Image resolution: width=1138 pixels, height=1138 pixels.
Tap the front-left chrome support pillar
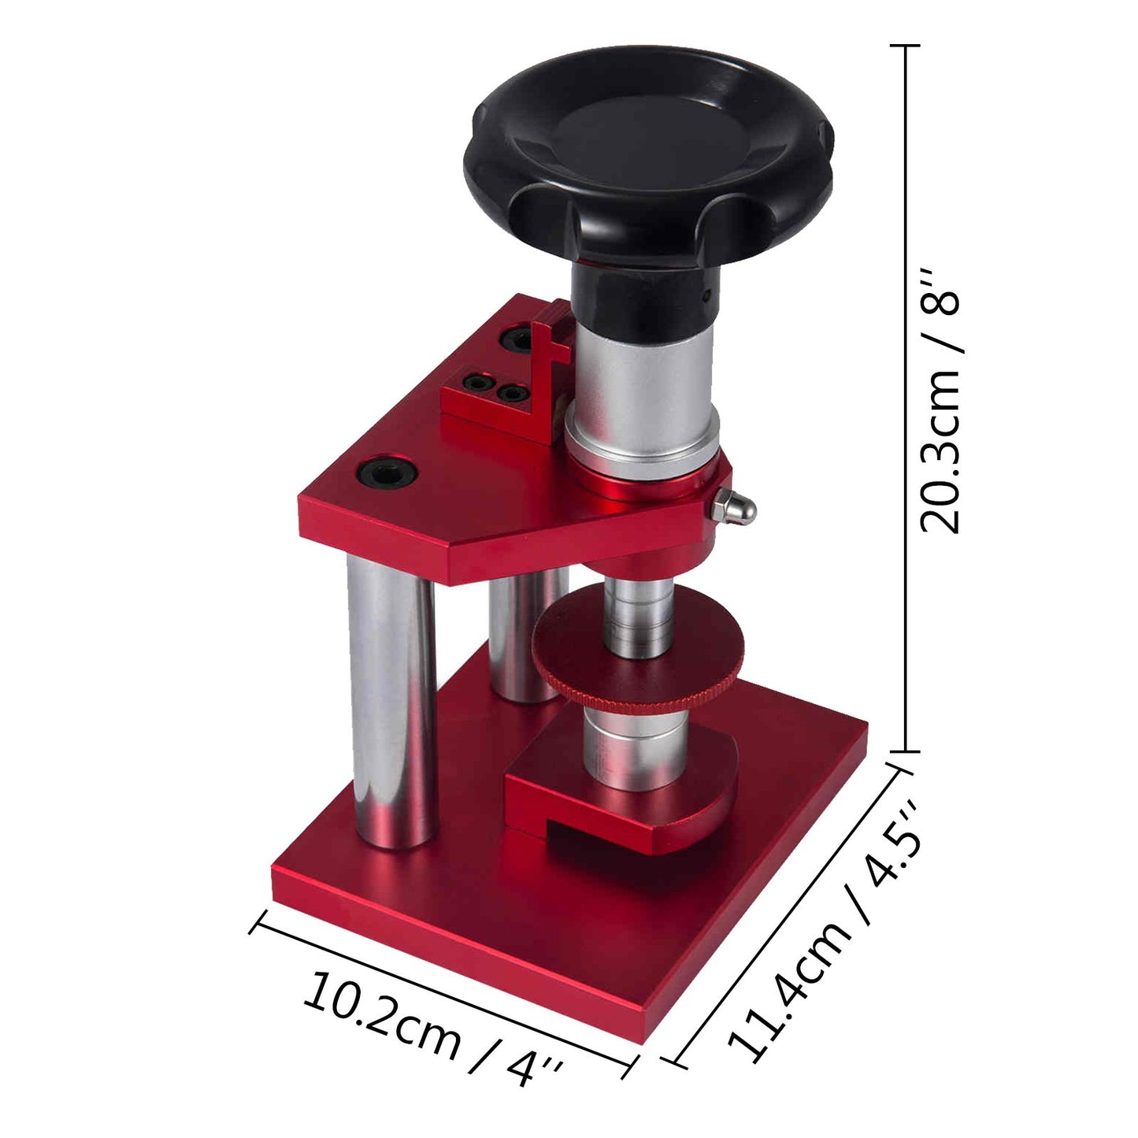pos(391,701)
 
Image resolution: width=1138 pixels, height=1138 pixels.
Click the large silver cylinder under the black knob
pos(642,386)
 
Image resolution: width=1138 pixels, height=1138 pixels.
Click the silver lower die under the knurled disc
pos(634,744)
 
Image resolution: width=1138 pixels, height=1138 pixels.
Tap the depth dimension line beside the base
pos(788,914)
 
